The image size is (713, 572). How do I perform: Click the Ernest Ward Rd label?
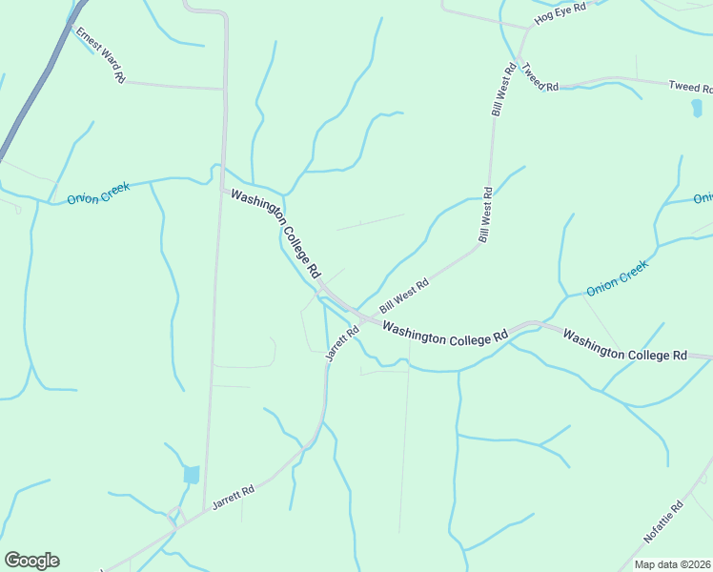[x=101, y=57]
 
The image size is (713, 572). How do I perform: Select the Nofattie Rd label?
[x=664, y=522]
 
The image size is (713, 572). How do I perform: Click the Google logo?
[x=31, y=561]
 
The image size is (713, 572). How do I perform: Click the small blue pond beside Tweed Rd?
[x=696, y=107]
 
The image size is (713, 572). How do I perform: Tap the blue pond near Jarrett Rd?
[x=192, y=474]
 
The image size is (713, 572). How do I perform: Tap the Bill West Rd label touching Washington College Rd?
[x=405, y=296]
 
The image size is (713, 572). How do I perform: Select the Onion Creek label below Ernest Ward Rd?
[x=98, y=194]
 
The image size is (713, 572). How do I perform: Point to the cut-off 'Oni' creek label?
[x=703, y=198]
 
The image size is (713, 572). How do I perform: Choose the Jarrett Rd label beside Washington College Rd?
[x=341, y=343]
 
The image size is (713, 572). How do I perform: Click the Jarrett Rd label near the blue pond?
[x=234, y=498]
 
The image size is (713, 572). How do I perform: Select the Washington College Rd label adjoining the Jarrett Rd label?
[x=445, y=333]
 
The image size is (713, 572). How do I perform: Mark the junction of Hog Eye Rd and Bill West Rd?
[x=527, y=29]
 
